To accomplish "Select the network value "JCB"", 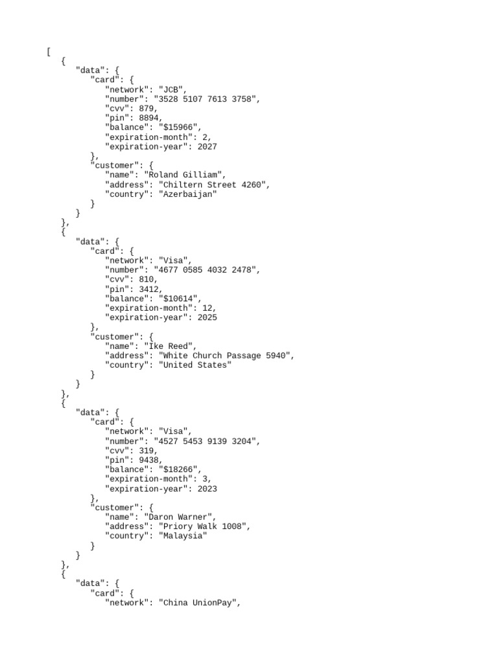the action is (173, 89).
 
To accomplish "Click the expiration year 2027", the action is (205, 146).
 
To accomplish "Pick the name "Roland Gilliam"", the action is (185, 175).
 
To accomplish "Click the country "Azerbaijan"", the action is (187, 194).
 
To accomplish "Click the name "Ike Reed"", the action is (170, 346).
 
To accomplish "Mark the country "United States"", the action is (195, 365).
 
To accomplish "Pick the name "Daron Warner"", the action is (180, 517).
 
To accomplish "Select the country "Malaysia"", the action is (183, 536).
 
